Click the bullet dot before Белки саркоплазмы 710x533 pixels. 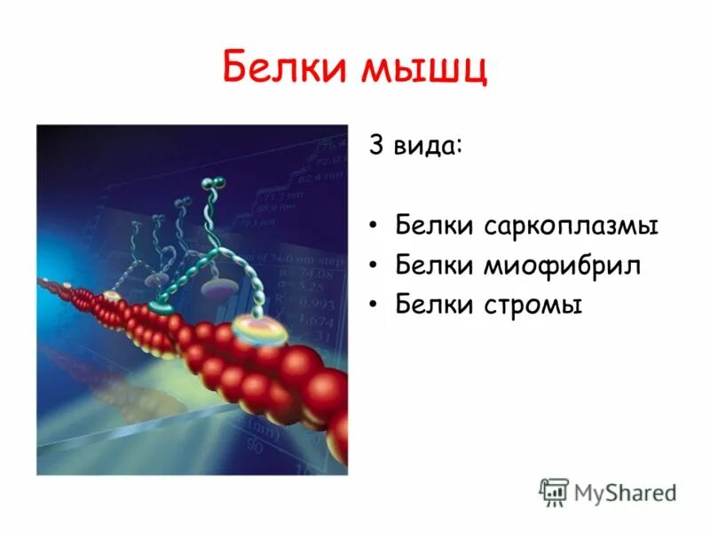pos(375,227)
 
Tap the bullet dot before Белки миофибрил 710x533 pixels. pos(375,266)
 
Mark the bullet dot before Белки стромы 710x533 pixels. pos(375,306)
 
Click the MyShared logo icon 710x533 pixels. pos(555,491)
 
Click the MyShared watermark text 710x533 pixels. pos(625,492)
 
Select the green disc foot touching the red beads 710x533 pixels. pos(161,306)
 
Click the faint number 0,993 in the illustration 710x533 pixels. pos(310,304)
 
